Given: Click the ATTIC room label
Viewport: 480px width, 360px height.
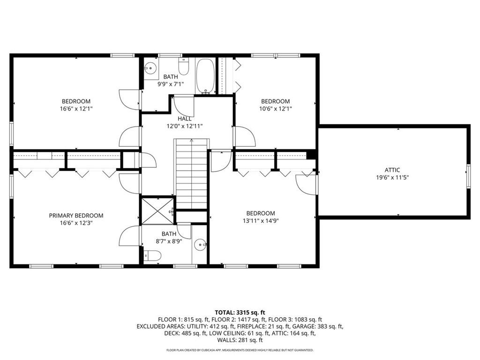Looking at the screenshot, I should [x=392, y=170].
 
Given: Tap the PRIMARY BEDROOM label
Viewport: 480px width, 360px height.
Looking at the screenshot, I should [x=76, y=216].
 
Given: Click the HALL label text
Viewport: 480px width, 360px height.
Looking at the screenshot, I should [x=184, y=119].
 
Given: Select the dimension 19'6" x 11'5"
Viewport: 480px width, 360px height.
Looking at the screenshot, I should [x=392, y=178].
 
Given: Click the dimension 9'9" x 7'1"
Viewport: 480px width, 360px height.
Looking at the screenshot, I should [x=171, y=84].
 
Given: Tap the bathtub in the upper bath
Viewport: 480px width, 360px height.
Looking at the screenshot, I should [x=205, y=76].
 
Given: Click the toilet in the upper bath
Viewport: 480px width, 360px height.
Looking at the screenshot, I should [x=183, y=68].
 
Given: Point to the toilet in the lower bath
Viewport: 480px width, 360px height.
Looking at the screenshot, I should [x=153, y=255].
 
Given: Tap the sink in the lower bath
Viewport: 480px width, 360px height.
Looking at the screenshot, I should [x=201, y=244].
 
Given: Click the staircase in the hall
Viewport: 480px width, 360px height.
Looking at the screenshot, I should [x=191, y=173].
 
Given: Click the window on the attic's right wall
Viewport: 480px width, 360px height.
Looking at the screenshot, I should [x=468, y=176].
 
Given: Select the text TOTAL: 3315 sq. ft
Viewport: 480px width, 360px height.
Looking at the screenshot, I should [x=240, y=312].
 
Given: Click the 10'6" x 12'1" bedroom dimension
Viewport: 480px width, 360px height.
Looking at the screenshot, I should [x=275, y=109].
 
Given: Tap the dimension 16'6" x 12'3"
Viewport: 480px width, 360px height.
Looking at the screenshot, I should [x=76, y=223].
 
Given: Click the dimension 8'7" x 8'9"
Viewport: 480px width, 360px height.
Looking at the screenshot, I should [x=169, y=241].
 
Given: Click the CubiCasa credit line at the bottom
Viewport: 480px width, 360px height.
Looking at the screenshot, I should [x=240, y=350].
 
